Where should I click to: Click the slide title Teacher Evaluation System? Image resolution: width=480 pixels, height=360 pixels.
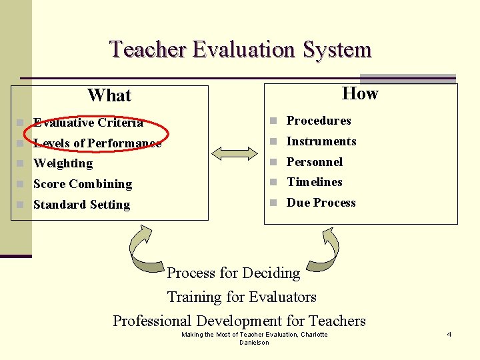pyautogui.click(x=240, y=49)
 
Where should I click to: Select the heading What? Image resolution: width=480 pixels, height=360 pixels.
pyautogui.click(x=109, y=95)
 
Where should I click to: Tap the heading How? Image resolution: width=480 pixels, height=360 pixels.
pyautogui.click(x=360, y=93)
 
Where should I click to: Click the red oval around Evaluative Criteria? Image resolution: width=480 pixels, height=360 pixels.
pyautogui.click(x=88, y=113)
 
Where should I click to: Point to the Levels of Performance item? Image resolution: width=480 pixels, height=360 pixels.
pyautogui.click(x=97, y=143)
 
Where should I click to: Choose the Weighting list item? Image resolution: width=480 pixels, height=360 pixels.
pyautogui.click(x=63, y=163)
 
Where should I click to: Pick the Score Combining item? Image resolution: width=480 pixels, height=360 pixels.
pyautogui.click(x=82, y=184)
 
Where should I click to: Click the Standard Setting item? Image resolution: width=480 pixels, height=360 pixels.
pyautogui.click(x=81, y=205)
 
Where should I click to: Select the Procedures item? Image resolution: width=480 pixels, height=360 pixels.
pyautogui.click(x=318, y=121)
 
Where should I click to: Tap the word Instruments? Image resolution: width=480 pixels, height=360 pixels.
pyautogui.click(x=321, y=141)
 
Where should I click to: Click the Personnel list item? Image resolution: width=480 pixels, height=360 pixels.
pyautogui.click(x=314, y=162)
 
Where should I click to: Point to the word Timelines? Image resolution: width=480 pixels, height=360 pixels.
pyautogui.click(x=314, y=182)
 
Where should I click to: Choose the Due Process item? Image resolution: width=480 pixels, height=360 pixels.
pyautogui.click(x=321, y=203)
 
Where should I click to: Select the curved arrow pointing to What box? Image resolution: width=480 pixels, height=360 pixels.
pyautogui.click(x=147, y=250)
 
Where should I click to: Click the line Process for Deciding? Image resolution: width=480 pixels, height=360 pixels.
pyautogui.click(x=233, y=273)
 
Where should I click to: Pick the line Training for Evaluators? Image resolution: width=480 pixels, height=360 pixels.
pyautogui.click(x=241, y=297)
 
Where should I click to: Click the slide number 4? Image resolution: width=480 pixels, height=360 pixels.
pyautogui.click(x=449, y=334)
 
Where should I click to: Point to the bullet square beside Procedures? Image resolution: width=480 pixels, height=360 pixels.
pyautogui.click(x=273, y=121)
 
